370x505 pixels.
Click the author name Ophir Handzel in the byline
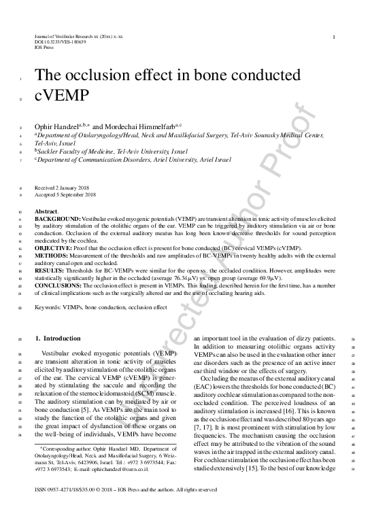[x=55, y=126]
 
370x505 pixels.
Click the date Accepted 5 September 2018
[x=65, y=194]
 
